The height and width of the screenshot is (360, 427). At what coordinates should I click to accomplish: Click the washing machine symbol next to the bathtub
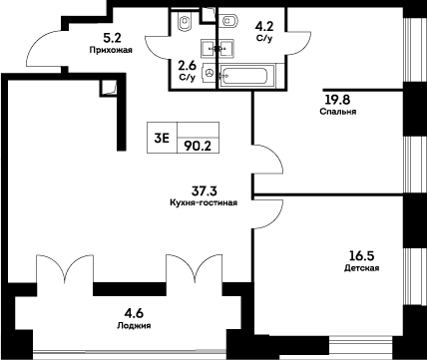click(x=208, y=73)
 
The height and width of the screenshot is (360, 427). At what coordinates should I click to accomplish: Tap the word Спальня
click(x=334, y=111)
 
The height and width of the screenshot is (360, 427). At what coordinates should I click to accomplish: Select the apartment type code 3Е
click(x=161, y=141)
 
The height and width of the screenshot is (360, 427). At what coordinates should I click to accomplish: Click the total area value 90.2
click(x=197, y=144)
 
